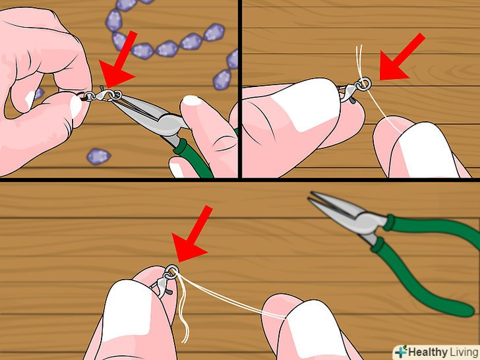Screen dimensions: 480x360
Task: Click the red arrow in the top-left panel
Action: [119, 61]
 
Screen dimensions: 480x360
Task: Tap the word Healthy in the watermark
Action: [427, 352]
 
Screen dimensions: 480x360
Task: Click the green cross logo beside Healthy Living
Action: [401, 351]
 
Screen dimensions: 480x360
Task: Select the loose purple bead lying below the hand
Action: [98, 156]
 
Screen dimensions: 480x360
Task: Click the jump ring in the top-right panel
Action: [364, 83]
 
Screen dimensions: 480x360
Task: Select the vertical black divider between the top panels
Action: [240, 89]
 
